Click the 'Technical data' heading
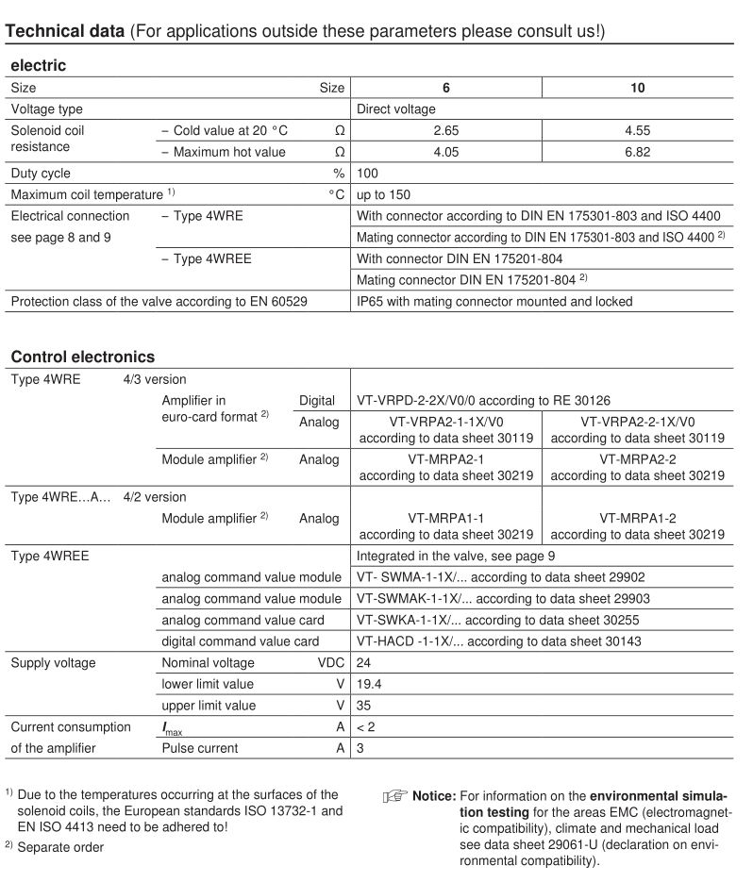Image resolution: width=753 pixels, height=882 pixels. (65, 30)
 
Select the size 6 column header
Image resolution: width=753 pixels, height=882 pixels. (446, 88)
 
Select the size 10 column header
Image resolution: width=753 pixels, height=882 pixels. (636, 88)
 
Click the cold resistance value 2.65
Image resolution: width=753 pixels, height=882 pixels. (446, 130)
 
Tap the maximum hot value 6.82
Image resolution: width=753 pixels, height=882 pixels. (636, 152)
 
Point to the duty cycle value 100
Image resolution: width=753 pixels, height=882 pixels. (368, 174)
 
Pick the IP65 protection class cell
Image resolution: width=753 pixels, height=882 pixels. (494, 302)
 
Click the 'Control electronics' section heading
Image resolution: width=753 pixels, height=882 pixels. (82, 357)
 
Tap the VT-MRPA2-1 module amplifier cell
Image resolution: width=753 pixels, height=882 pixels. (446, 468)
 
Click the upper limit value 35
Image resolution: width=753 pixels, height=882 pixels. (364, 706)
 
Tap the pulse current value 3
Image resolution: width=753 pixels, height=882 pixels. (360, 748)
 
